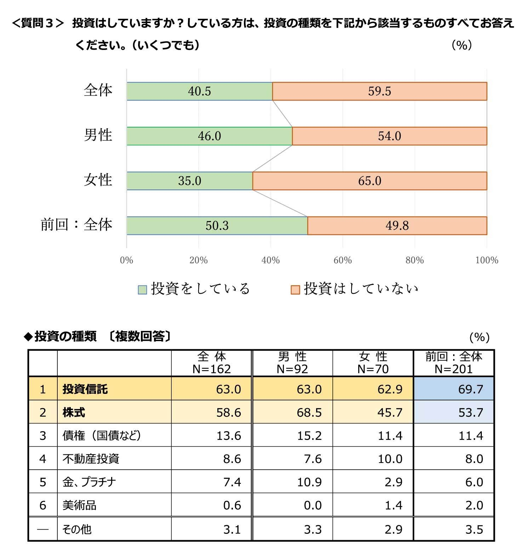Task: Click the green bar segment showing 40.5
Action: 200,91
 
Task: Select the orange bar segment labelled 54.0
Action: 389,136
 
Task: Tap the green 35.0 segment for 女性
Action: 189,181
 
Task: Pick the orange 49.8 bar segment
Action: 397,226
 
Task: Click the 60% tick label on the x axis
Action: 342,260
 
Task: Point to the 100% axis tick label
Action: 486,260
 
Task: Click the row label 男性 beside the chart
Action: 98,135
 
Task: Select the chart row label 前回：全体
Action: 76,225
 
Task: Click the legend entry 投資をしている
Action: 200,289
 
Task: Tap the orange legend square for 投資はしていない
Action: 295,290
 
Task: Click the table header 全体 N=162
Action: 211,363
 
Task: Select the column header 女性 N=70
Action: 373,363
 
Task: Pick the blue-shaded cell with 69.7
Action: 453,389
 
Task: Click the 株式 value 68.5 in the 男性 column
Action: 309,412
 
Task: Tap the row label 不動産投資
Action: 91,459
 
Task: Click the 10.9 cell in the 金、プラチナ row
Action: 309,482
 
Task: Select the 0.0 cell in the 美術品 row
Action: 313,505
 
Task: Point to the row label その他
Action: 77,529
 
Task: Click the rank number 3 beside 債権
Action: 43,436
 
